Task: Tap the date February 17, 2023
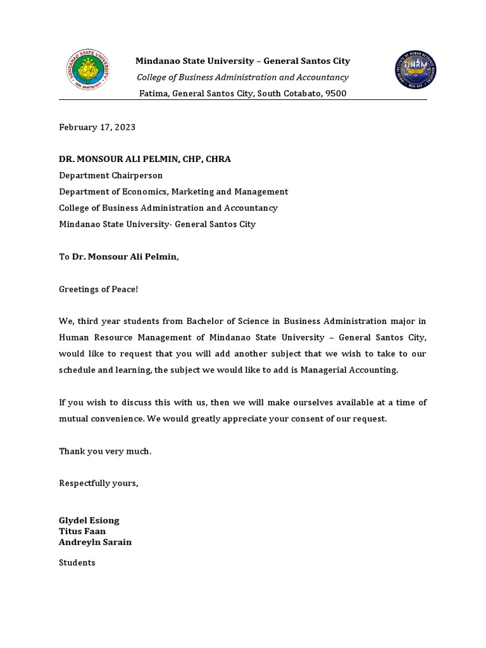click(x=97, y=127)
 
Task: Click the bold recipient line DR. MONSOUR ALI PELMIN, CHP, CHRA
click(x=145, y=159)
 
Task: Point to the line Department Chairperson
click(x=111, y=175)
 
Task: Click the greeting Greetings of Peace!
click(x=98, y=289)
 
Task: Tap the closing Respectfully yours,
click(x=98, y=483)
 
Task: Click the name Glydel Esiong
click(x=89, y=520)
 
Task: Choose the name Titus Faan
click(x=82, y=532)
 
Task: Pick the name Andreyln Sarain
click(x=95, y=542)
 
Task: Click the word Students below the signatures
click(x=77, y=563)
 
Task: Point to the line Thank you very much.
click(x=105, y=451)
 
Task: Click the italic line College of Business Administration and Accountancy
click(x=242, y=77)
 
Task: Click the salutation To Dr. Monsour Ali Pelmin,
click(x=119, y=256)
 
